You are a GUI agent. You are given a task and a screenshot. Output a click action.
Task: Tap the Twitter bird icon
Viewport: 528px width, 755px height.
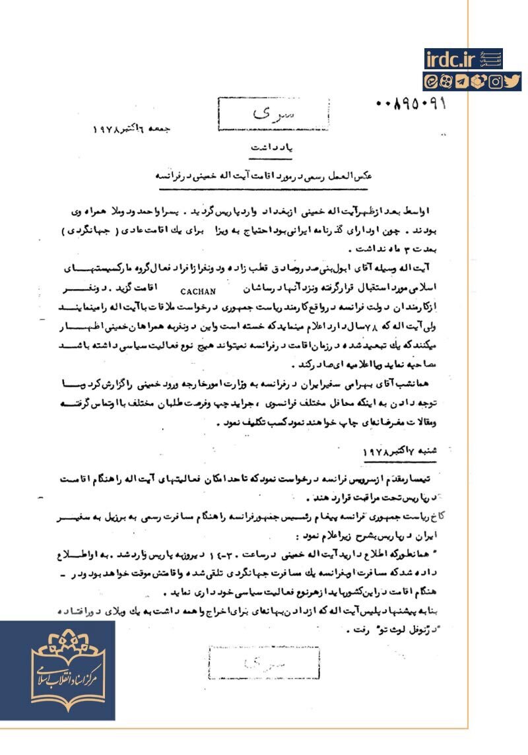tap(512, 82)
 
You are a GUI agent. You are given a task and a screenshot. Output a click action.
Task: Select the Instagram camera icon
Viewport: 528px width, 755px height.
tap(496, 82)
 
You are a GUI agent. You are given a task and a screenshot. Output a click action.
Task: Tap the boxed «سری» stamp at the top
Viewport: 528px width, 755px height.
tap(248, 116)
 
